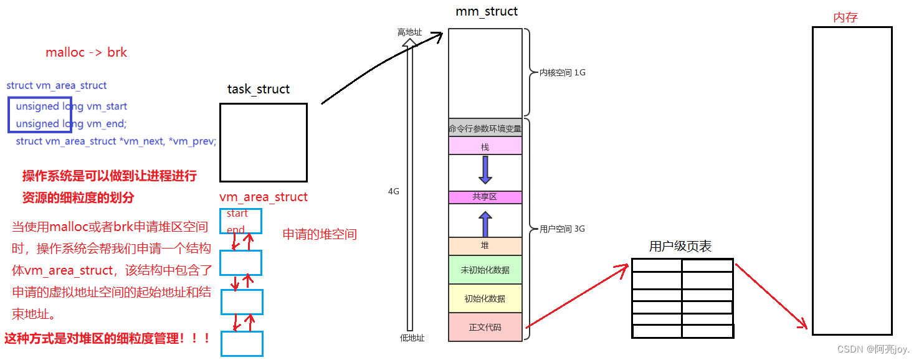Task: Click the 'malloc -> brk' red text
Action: pos(86,52)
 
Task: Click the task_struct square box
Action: pos(263,143)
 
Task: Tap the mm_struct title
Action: pos(486,12)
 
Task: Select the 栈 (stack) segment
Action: pos(485,146)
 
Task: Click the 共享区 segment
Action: pos(485,197)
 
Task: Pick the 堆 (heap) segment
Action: pos(485,246)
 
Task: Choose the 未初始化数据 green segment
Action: pos(485,270)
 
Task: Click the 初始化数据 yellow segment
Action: pos(485,298)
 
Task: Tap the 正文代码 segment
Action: pos(485,327)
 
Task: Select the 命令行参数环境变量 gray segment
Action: pos(485,129)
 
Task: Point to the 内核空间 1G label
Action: pos(563,72)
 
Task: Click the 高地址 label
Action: pos(410,32)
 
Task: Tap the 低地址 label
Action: pos(412,338)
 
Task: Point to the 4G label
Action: pos(393,191)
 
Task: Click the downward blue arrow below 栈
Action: pos(485,170)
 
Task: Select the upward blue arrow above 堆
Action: pos(485,223)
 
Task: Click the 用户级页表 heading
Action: pos(680,247)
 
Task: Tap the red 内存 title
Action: pos(845,17)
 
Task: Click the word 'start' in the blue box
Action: pos(237,214)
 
